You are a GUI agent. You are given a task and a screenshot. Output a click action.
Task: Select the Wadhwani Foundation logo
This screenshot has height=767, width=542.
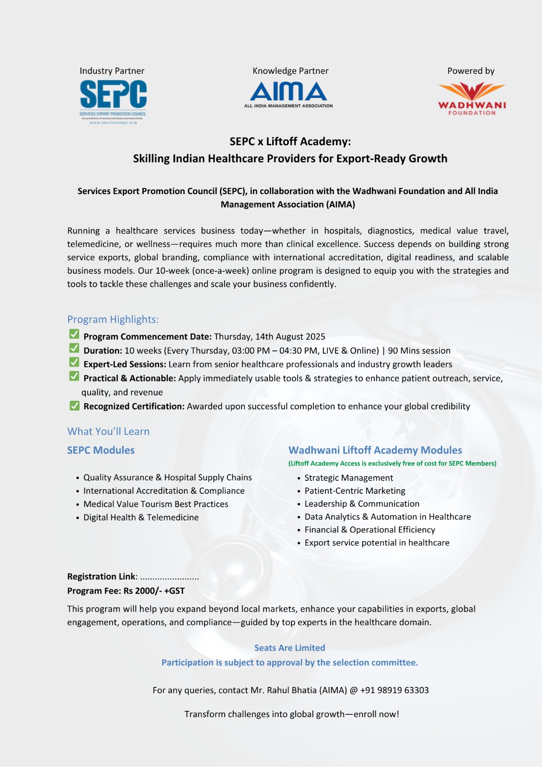pyautogui.click(x=472, y=99)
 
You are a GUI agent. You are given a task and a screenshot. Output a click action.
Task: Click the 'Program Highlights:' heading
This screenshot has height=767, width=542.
pyautogui.click(x=113, y=319)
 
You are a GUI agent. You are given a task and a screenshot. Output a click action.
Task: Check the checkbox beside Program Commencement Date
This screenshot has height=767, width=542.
pyautogui.click(x=74, y=334)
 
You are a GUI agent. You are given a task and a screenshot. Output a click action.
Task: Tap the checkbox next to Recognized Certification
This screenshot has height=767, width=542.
pyautogui.click(x=74, y=406)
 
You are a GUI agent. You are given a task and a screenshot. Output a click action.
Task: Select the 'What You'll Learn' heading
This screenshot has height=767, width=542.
pyautogui.click(x=108, y=431)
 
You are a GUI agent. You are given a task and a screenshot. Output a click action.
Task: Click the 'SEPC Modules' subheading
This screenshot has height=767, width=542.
pyautogui.click(x=101, y=450)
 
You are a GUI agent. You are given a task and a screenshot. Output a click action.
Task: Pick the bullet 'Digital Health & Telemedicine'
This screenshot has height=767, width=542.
pyautogui.click(x=141, y=517)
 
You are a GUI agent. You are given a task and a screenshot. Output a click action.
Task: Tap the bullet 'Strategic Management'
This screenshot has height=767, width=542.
pyautogui.click(x=348, y=478)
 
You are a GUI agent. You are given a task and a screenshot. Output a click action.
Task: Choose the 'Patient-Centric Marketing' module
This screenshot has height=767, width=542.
pyautogui.click(x=355, y=491)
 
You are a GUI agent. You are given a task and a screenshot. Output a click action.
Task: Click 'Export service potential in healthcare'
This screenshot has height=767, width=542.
pyautogui.click(x=377, y=543)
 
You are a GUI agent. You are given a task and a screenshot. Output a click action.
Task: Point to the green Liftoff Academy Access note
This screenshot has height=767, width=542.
pyautogui.click(x=392, y=464)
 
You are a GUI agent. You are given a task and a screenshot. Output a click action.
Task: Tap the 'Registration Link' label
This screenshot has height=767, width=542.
pyautogui.click(x=102, y=576)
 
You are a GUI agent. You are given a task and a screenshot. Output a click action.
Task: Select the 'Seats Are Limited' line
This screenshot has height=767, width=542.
pyautogui.click(x=289, y=648)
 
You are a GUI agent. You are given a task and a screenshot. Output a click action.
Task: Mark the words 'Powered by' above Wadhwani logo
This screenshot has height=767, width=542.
pyautogui.click(x=471, y=71)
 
